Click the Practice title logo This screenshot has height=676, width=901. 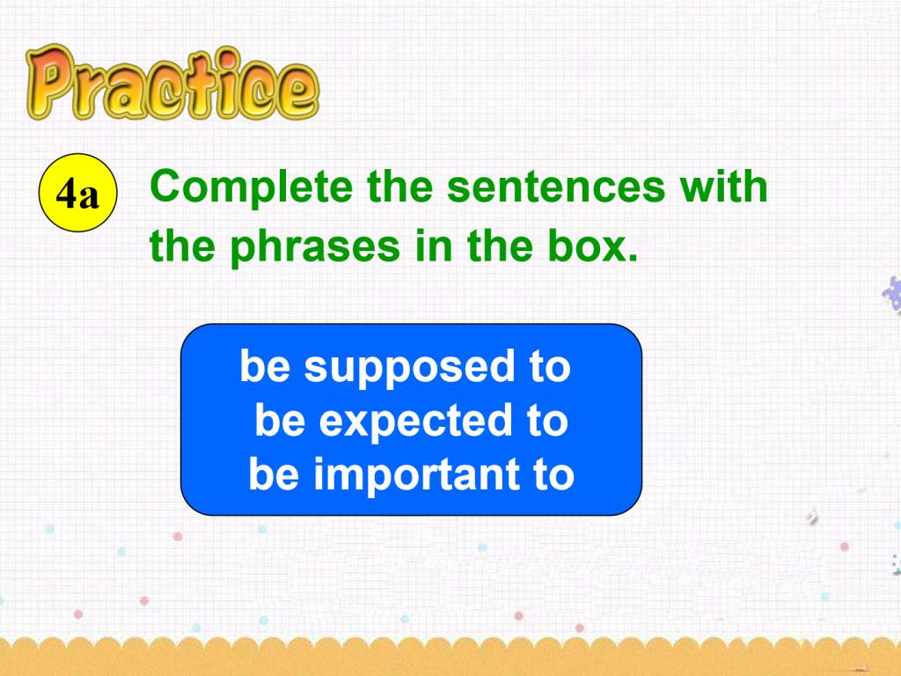[x=172, y=83]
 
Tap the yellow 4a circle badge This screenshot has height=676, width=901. [x=77, y=193]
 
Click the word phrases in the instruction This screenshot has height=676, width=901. [x=315, y=247]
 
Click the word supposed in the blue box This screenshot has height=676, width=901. [x=409, y=368]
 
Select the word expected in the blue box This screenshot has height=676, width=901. [x=415, y=422]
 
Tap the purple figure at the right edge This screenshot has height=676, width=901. [x=892, y=294]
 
